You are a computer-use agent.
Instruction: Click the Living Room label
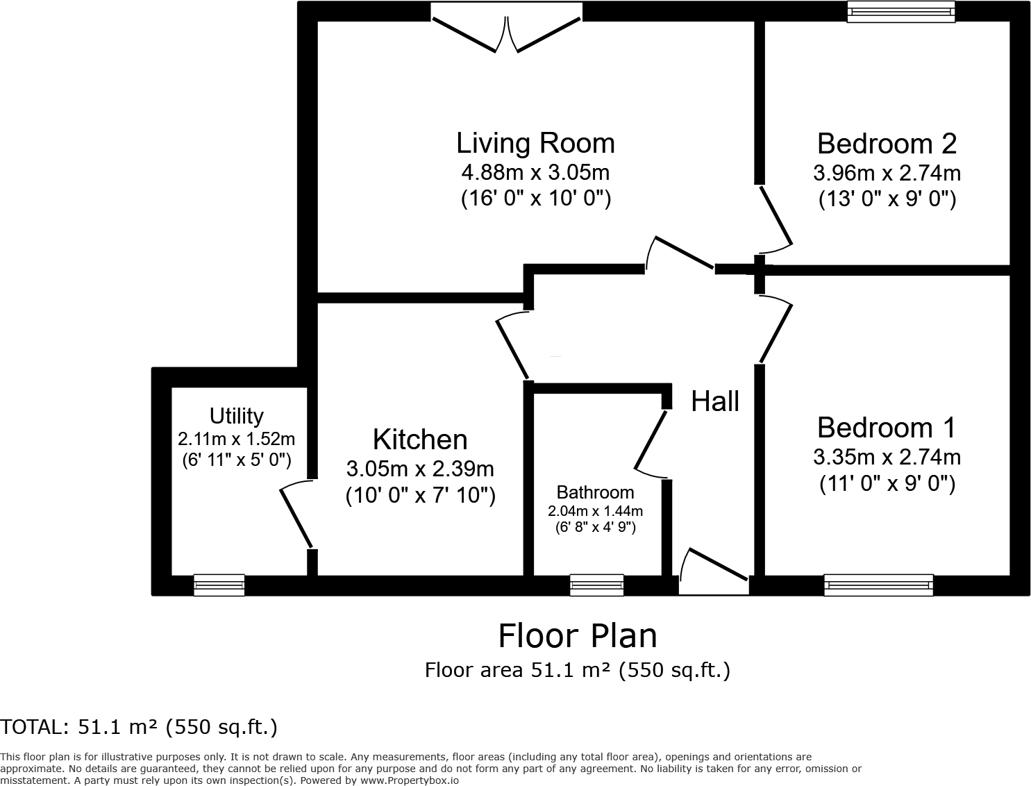[x=535, y=143]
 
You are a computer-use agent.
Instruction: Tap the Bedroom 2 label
[x=887, y=143]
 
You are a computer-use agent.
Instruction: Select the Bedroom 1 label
[x=887, y=427]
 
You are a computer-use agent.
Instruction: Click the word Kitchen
[x=420, y=440]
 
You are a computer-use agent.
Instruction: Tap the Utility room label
[x=236, y=416]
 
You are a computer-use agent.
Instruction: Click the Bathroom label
[x=595, y=492]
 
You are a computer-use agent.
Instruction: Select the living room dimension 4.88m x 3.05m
[x=535, y=173]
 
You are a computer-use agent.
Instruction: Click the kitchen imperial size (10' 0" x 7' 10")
[x=421, y=495]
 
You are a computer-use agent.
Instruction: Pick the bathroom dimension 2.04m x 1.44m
[x=595, y=511]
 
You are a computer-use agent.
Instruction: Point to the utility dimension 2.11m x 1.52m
[x=236, y=439]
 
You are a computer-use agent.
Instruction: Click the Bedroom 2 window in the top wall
[x=901, y=11]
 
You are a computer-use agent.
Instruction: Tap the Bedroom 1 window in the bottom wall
[x=878, y=585]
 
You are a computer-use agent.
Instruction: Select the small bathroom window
[x=596, y=585]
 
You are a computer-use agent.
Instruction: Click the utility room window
[x=219, y=585]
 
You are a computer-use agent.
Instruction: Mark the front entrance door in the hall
[x=714, y=571]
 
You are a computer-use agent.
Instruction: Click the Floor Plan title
[x=577, y=636]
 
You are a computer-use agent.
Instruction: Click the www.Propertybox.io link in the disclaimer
[x=409, y=780]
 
